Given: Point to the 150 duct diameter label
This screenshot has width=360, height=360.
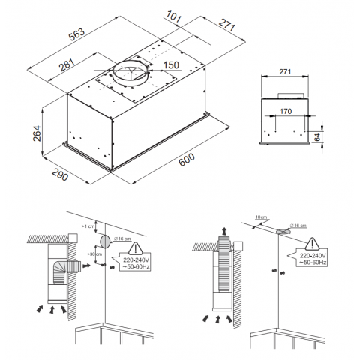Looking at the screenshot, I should coord(170,64).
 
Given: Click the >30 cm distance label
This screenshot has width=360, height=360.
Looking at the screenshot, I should coord(92,254).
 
